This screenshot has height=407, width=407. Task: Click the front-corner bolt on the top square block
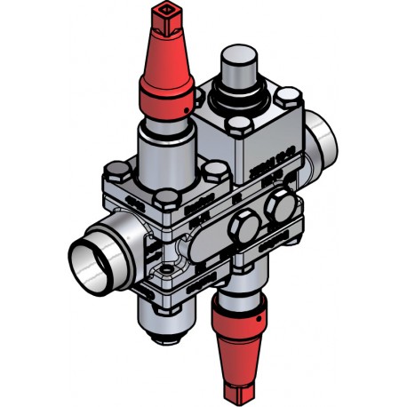point(241,125)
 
